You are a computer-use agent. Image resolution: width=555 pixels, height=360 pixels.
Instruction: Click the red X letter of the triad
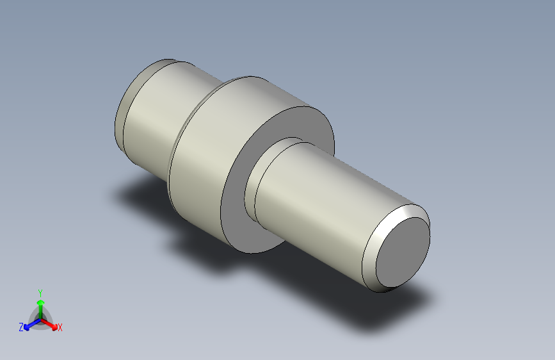click(60, 328)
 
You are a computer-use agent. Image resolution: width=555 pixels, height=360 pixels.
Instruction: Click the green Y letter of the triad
click(40, 291)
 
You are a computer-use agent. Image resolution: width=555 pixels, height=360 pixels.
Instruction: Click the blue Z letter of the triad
click(21, 327)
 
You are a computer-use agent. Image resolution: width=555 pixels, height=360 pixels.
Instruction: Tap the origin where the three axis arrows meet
click(40, 318)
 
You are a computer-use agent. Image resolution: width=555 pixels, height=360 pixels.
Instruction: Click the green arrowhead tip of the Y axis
click(40, 299)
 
